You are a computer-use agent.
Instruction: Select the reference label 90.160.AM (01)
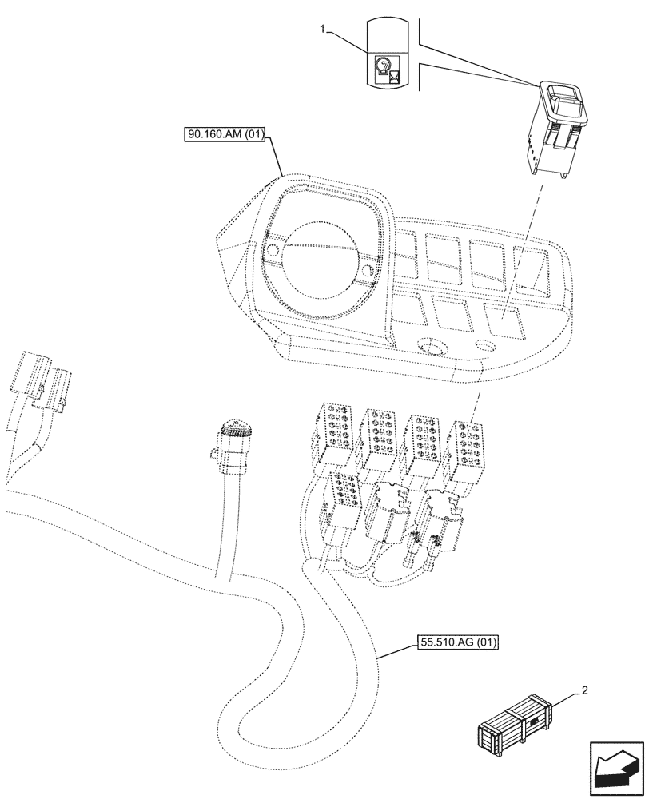click(225, 135)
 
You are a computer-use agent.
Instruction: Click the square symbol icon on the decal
click(392, 78)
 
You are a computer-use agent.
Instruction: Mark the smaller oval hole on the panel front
click(484, 346)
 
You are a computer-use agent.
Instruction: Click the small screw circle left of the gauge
click(272, 252)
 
